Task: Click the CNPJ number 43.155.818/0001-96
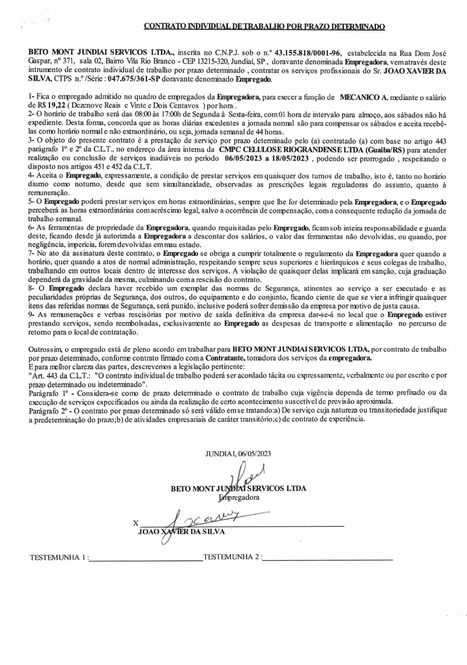[308, 53]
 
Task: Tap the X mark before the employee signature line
[135, 523]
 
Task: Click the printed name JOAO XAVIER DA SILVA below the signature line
[181, 531]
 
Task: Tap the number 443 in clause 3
[440, 141]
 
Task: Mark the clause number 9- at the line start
[31, 315]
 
